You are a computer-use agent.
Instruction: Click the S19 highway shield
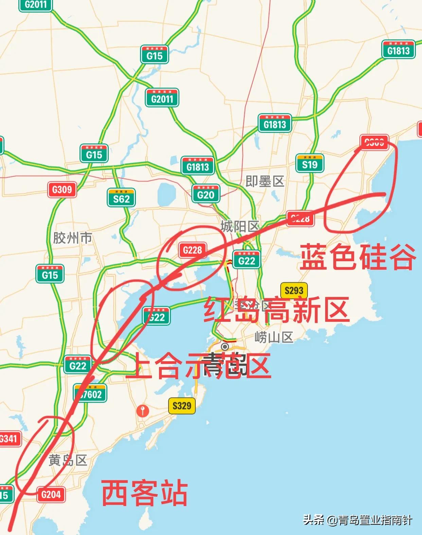(310, 164)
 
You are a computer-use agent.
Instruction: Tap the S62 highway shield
(121, 198)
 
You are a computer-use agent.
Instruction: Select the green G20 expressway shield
(206, 194)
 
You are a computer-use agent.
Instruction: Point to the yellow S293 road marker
(294, 290)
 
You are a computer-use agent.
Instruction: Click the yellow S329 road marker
(182, 405)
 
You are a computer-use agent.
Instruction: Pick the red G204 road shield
(51, 494)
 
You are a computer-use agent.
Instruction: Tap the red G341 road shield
(9, 439)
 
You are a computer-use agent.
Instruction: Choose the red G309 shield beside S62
(62, 189)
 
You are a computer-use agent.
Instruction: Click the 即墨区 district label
(265, 181)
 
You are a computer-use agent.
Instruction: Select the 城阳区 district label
(240, 226)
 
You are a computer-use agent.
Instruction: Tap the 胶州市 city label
(72, 238)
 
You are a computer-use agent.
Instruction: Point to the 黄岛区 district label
(68, 460)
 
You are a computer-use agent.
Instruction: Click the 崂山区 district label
(274, 337)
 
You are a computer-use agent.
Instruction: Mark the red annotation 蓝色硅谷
(357, 257)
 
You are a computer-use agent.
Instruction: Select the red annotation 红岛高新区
(276, 310)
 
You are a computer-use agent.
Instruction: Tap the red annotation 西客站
(144, 493)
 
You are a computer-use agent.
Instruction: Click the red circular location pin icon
(143, 410)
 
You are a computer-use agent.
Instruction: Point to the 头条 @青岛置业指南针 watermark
(357, 520)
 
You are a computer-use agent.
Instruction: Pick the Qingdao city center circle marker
(225, 347)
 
